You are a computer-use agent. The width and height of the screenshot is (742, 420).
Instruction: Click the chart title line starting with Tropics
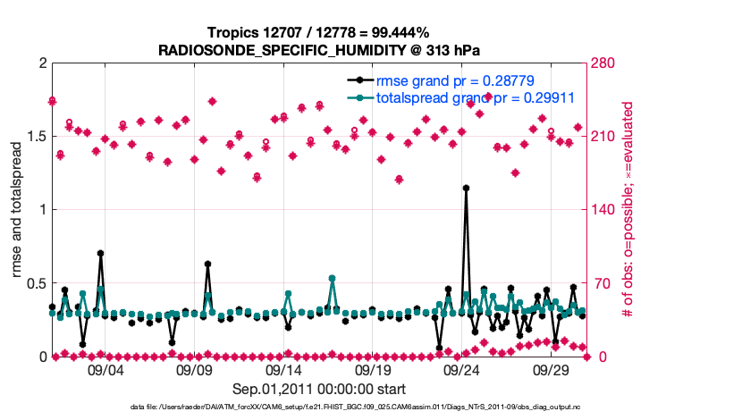(x=318, y=33)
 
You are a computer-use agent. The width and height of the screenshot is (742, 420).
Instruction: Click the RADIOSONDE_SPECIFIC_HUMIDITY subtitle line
(x=318, y=49)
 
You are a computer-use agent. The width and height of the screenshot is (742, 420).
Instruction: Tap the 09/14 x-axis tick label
(x=283, y=369)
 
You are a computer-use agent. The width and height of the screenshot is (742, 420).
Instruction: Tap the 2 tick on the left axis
(x=42, y=63)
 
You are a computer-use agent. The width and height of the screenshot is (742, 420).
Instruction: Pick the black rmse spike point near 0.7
(x=100, y=254)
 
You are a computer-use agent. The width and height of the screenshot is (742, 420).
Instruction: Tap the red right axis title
(x=628, y=210)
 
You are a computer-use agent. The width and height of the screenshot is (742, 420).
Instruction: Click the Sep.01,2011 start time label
(x=318, y=389)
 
